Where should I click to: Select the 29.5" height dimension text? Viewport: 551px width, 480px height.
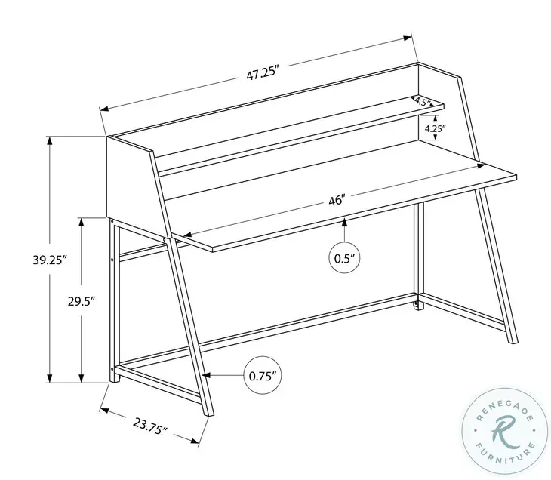(81, 300)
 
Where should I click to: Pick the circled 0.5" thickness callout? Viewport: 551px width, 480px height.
(344, 257)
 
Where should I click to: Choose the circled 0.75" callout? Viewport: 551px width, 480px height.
(262, 374)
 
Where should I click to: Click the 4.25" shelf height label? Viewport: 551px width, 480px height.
(435, 128)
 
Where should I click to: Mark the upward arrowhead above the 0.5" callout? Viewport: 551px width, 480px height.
(344, 221)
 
